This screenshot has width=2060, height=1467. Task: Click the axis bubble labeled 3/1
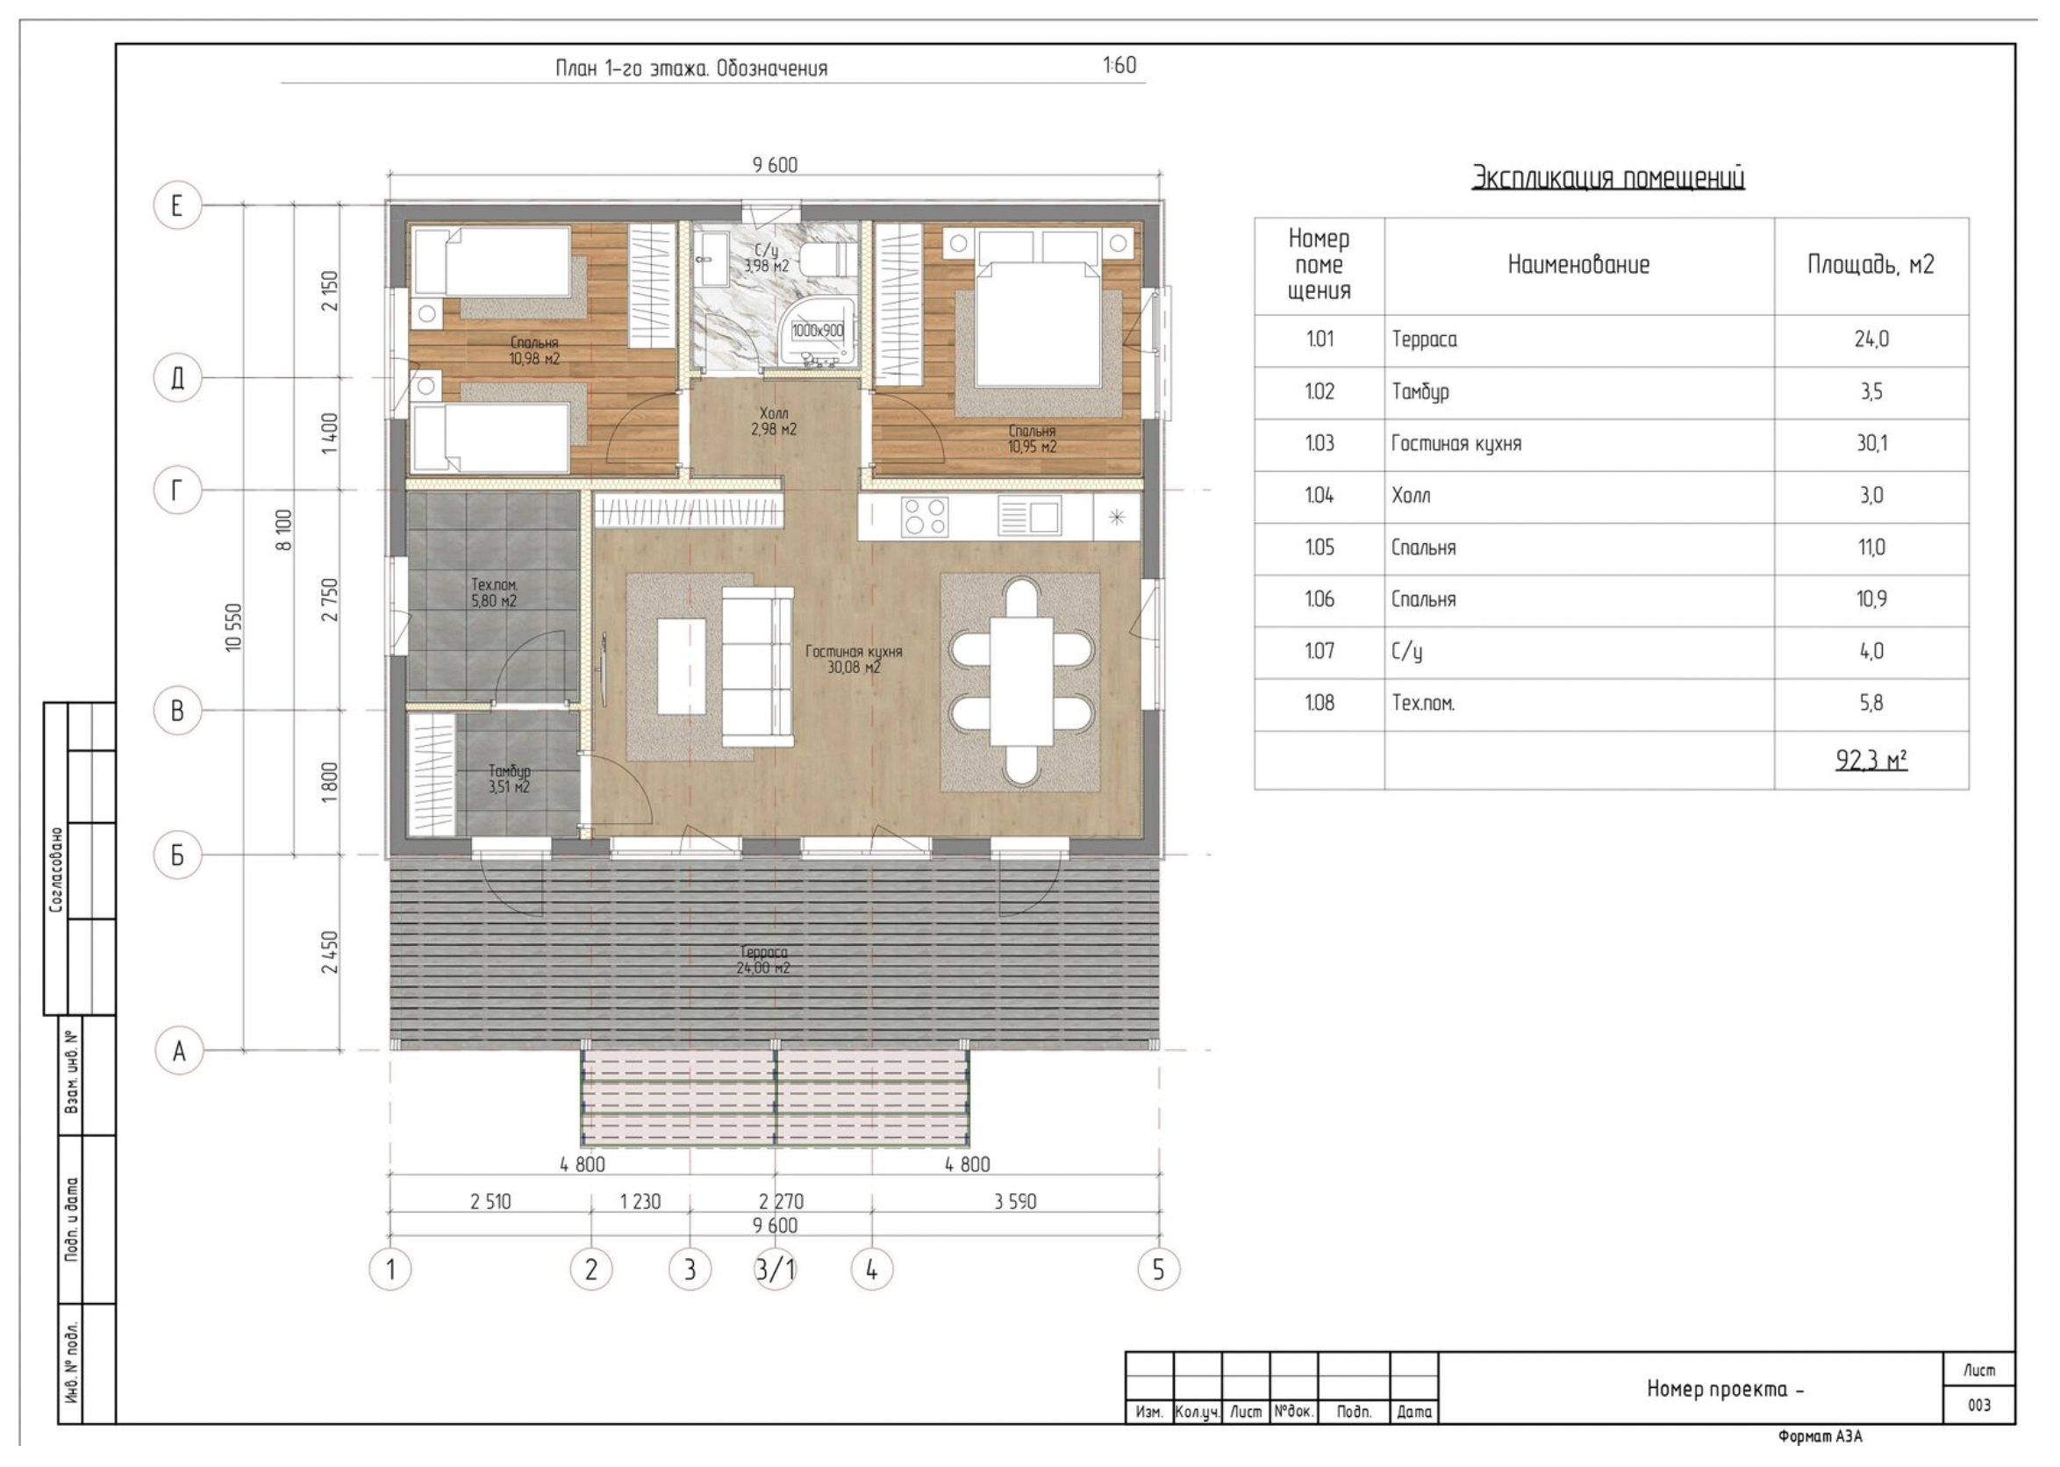pos(775,1270)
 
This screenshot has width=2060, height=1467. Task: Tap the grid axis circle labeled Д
pos(178,377)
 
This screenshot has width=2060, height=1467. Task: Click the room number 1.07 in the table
pos(1319,650)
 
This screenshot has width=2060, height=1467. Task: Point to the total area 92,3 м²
pos(1870,761)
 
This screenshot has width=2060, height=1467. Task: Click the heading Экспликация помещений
pos(1607,178)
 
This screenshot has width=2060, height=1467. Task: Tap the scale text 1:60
pos(1119,65)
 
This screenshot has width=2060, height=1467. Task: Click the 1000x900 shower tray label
pos(818,331)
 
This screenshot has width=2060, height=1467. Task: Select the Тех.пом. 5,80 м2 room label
pos(494,592)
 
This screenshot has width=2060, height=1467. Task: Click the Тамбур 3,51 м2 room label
pos(510,778)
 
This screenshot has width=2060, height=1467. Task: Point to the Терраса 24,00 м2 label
pos(763,959)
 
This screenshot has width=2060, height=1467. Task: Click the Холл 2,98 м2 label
pos(774,422)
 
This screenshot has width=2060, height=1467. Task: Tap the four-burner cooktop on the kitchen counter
pos(925,517)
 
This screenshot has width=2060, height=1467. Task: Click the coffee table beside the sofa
pos(682,666)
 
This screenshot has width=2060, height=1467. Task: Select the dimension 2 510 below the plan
pos(490,1201)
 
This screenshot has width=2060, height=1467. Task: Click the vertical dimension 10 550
pos(234,627)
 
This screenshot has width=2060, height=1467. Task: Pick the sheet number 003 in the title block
pos(1978,1405)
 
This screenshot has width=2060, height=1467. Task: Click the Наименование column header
pos(1578,265)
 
